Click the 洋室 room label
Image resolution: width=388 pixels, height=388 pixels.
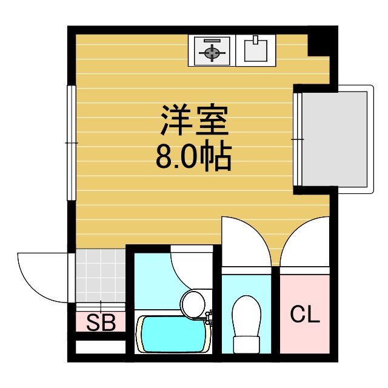pyautogui.click(x=194, y=121)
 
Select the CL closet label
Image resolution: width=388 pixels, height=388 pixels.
pyautogui.click(x=304, y=315)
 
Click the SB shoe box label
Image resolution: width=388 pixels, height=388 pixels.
pyautogui.click(x=101, y=322)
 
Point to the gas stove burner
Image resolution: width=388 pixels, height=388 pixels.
pyautogui.click(x=211, y=52)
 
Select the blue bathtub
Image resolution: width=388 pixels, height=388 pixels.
pyautogui.click(x=173, y=335)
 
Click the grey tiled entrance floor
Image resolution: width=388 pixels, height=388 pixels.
pyautogui.click(x=101, y=276)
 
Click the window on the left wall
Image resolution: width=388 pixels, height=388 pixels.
pyautogui.click(x=71, y=142)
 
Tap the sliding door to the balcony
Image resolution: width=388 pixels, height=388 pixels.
pyautogui.click(x=297, y=139)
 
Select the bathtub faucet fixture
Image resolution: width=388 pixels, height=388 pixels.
pyautogui.click(x=209, y=316)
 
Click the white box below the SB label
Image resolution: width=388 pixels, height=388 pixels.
pyautogui.click(x=101, y=347)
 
